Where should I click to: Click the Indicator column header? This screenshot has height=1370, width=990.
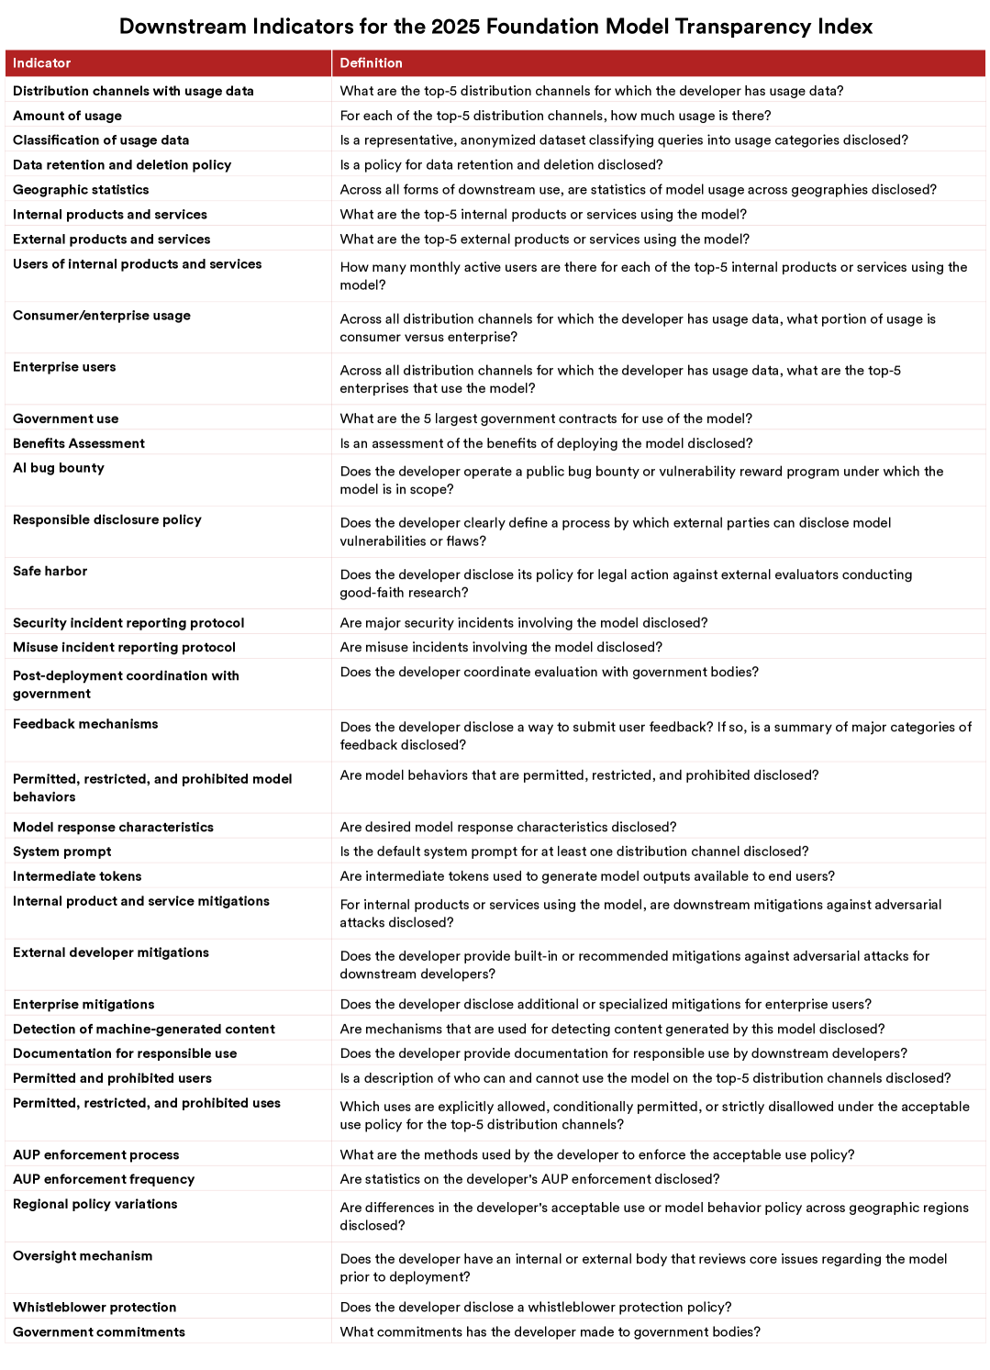pyautogui.click(x=41, y=63)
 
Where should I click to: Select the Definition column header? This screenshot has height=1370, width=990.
pyautogui.click(x=371, y=63)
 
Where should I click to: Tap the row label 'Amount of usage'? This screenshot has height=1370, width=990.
pyautogui.click(x=67, y=116)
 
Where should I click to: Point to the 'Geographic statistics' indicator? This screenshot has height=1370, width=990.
pyautogui.click(x=81, y=190)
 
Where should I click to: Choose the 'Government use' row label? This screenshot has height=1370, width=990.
pyautogui.click(x=65, y=418)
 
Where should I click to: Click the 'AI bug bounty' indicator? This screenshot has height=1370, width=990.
pyautogui.click(x=59, y=468)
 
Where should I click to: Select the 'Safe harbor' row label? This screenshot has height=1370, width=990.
pyautogui.click(x=50, y=571)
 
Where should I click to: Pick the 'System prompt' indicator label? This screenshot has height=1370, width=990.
pyautogui.click(x=62, y=852)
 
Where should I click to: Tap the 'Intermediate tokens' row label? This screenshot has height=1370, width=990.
pyautogui.click(x=77, y=876)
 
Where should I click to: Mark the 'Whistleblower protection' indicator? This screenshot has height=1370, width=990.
pyautogui.click(x=95, y=1307)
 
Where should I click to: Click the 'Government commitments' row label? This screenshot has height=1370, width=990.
pyautogui.click(x=99, y=1331)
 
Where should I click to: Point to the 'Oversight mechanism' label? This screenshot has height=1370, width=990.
pyautogui.click(x=83, y=1255)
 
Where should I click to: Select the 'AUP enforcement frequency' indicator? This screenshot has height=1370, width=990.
pyautogui.click(x=104, y=1179)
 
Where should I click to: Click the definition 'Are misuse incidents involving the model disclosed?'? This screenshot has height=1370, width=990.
pyautogui.click(x=501, y=647)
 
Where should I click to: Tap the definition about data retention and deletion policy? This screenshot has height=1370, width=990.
pyautogui.click(x=501, y=165)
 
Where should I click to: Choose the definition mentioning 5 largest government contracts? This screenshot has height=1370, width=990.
pyautogui.click(x=546, y=418)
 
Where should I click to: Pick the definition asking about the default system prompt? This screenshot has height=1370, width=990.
pyautogui.click(x=574, y=852)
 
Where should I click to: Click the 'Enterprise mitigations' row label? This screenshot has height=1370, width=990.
pyautogui.click(x=83, y=1005)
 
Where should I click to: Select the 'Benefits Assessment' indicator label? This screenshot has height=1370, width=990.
pyautogui.click(x=79, y=443)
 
